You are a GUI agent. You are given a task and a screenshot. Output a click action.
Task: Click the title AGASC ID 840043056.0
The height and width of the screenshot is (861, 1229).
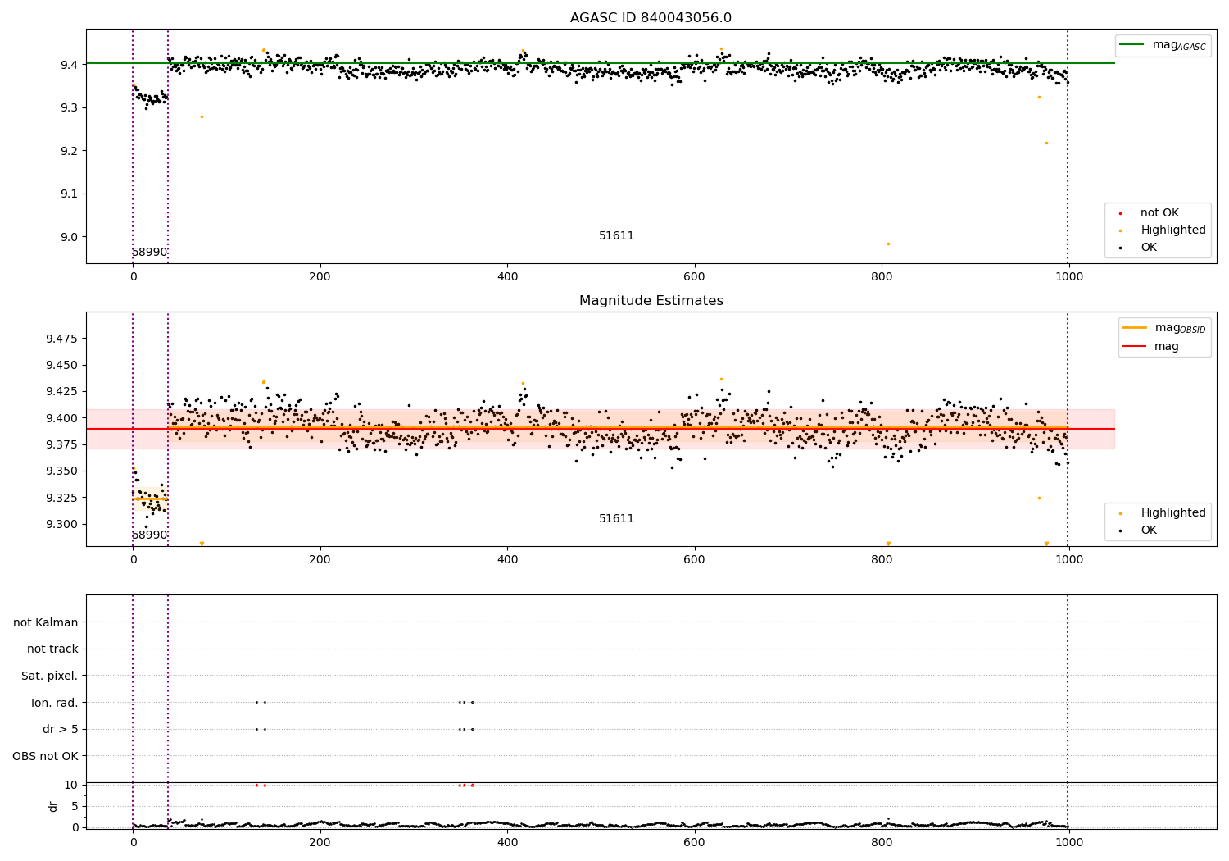tap(651, 18)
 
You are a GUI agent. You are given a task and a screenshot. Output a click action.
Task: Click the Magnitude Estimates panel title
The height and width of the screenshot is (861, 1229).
tap(651, 301)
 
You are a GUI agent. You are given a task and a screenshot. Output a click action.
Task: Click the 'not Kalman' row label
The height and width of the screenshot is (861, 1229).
tap(46, 622)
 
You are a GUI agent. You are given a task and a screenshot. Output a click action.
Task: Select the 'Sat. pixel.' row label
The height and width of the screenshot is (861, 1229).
tap(49, 676)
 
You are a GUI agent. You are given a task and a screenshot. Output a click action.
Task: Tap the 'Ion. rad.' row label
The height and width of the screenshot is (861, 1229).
tap(54, 703)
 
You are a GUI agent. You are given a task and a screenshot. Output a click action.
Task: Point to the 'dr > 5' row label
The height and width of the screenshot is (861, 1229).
tap(60, 729)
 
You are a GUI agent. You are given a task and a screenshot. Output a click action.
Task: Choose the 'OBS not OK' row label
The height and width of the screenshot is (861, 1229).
tap(45, 756)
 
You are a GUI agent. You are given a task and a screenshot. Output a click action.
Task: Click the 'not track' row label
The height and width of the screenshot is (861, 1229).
tap(52, 649)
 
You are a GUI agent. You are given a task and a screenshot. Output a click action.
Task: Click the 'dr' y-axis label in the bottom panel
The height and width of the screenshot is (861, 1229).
tap(53, 806)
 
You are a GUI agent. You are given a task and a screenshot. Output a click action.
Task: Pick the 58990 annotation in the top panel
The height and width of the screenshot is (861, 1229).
tap(149, 253)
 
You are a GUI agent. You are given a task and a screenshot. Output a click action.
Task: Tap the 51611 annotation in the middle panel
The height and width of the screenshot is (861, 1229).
tap(616, 519)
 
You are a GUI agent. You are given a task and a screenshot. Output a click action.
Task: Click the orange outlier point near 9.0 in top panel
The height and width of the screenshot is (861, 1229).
tap(888, 244)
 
